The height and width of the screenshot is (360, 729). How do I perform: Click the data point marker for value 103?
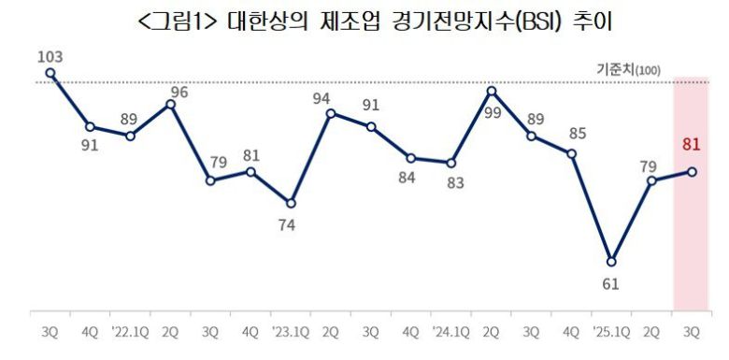tap(50, 72)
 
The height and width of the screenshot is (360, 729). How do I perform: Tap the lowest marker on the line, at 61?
tap(612, 261)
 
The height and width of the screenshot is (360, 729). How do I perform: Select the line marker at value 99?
tap(492, 91)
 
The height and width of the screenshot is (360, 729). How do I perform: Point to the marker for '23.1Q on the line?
tap(291, 203)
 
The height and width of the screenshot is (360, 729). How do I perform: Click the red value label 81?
tap(693, 144)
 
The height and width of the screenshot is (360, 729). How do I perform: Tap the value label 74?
tap(292, 224)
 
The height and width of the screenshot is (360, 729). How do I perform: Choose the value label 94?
tap(323, 98)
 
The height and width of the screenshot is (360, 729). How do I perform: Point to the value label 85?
tap(578, 134)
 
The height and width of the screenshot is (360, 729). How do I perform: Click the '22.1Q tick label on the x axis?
tap(129, 330)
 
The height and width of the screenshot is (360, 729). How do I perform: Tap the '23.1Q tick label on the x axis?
tap(290, 330)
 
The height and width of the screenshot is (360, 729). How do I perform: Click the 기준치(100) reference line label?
tap(627, 69)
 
